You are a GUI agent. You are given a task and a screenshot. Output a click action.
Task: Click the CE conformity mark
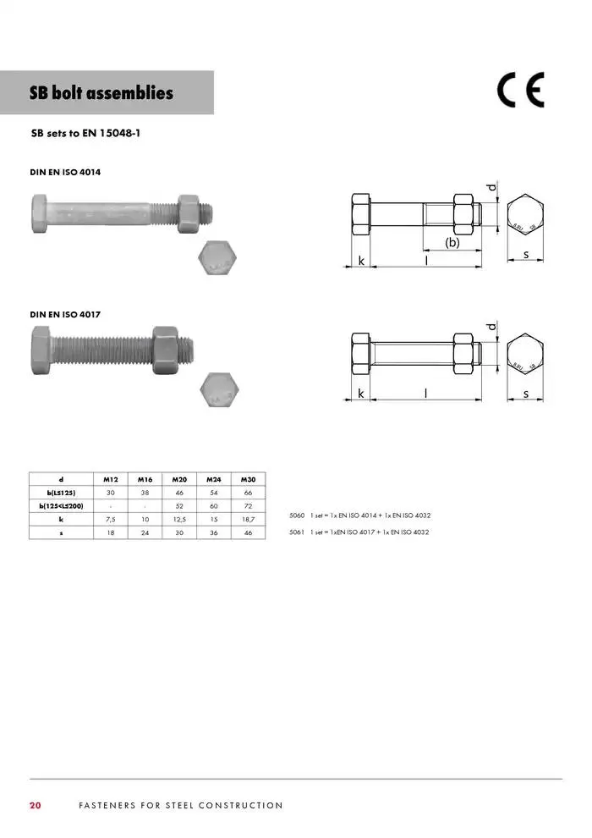point(520,91)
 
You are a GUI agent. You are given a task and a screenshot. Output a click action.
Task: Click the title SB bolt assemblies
point(101,93)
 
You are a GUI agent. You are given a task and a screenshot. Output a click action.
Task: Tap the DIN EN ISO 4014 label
point(66,173)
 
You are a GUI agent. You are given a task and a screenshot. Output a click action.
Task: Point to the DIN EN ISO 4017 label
point(66,314)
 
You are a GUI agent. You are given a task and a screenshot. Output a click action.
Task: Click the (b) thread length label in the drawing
point(452,243)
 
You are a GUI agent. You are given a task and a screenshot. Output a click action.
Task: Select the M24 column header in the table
point(213,479)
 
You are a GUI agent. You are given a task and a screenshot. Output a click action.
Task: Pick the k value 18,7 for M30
point(248,519)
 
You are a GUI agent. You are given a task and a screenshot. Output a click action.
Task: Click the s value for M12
point(111,532)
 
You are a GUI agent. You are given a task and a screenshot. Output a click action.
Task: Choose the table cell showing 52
point(179,505)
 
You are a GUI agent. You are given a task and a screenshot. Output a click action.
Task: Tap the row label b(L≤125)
point(61,492)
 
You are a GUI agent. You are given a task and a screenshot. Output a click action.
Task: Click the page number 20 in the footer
point(36,805)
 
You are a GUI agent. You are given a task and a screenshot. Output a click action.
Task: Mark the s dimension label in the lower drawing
point(526,394)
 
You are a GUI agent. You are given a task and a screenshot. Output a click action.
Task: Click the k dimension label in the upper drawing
point(361,261)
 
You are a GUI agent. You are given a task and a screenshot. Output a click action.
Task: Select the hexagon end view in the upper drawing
point(525,217)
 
